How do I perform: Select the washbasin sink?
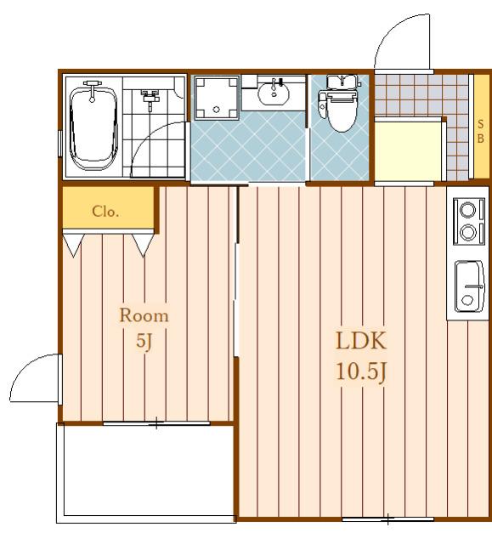274,93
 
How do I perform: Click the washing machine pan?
217,98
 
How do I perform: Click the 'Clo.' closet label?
105,211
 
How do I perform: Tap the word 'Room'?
144,315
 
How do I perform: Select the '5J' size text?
144,341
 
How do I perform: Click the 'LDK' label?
361,341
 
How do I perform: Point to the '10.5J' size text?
361,372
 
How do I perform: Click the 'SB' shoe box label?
481,131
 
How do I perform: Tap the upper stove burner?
467,210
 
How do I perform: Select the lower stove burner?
467,231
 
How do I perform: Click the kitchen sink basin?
469,286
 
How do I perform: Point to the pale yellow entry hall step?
408,150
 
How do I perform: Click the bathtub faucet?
93,90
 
